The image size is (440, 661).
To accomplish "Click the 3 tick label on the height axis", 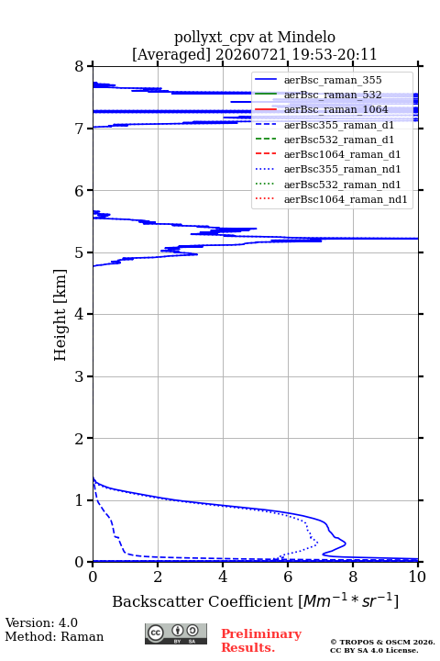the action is [80, 376].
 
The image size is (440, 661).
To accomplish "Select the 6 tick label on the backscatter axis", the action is [288, 577].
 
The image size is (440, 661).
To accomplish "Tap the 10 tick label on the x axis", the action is [417, 577].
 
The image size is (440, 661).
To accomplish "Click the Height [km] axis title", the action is [60, 315].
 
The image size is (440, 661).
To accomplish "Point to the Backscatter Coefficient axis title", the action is [255, 601].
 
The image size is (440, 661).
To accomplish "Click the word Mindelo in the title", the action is [306, 37].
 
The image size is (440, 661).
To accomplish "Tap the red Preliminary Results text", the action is [261, 641].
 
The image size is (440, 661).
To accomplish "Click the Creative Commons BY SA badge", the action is [176, 634].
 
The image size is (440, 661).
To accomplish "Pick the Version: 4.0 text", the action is [41, 623].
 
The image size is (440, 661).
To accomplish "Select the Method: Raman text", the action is [54, 636].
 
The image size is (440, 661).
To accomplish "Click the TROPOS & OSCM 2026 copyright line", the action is [382, 642].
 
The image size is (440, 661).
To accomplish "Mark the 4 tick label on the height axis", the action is [80, 315].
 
